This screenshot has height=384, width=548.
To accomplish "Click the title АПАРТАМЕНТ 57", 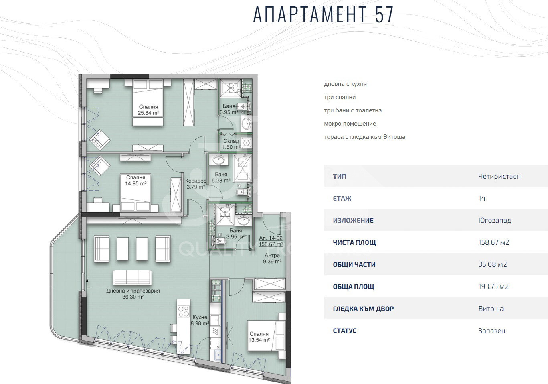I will [324, 15].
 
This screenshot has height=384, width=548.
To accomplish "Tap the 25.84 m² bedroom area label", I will [148, 110].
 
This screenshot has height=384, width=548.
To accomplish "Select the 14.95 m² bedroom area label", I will [135, 181].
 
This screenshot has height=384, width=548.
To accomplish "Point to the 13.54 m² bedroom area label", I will [259, 337].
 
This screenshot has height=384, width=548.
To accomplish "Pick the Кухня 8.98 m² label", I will [200, 320].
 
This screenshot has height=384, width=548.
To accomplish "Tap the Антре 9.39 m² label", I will [272, 258].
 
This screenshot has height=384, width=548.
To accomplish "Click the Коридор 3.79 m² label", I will [196, 184].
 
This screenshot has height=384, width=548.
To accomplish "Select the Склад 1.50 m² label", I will [231, 144].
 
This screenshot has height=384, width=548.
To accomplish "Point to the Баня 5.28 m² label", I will [221, 177].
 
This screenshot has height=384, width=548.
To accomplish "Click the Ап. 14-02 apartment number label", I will [271, 238].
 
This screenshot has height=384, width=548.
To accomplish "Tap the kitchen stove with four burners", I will [184, 311].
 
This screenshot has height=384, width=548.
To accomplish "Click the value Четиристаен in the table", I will [499, 176].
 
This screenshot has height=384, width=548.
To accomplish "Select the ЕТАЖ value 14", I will [482, 198].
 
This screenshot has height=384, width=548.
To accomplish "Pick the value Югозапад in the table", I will [494, 220].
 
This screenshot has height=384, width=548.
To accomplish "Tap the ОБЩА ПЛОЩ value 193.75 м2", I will [493, 286].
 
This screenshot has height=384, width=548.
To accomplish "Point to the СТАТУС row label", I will [344, 331].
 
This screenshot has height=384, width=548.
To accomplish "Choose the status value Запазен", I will [491, 331].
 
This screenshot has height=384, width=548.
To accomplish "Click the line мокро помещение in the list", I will [350, 124].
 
